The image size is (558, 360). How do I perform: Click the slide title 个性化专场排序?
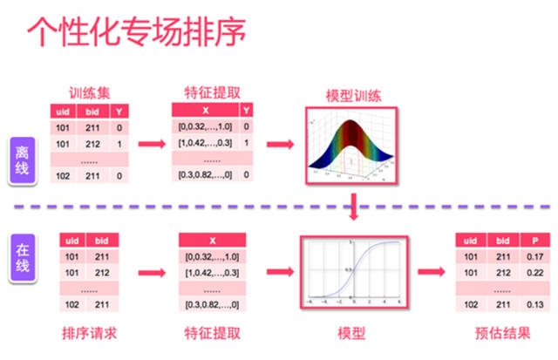coord(135,32)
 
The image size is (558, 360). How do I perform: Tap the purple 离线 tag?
coord(24,160)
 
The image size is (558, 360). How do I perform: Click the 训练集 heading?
coord(88,92)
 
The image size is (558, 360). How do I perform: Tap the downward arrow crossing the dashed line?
coord(352,206)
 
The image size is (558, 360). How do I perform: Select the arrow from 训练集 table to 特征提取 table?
coord(152,143)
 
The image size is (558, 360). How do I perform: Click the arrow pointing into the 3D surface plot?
coord(278,143)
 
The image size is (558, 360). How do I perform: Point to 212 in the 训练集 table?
coord(91,144)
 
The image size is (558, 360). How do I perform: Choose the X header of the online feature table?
coord(212,241)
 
